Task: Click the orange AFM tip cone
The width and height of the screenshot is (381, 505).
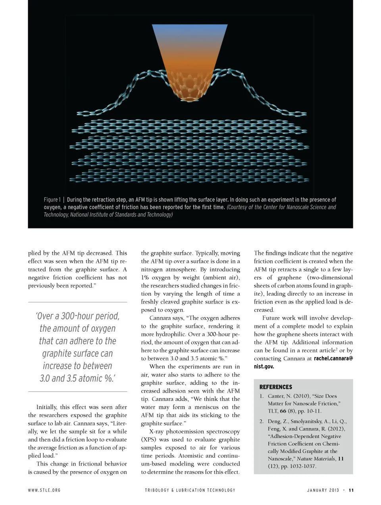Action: pyautogui.click(x=190, y=60)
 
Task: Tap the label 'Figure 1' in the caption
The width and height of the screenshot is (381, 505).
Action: pyautogui.click(x=52, y=199)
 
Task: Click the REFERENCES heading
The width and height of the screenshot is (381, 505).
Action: pyautogui.click(x=275, y=387)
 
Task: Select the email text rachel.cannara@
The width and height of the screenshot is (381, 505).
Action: pyautogui.click(x=333, y=358)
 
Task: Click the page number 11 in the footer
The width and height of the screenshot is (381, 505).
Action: pyautogui.click(x=351, y=490)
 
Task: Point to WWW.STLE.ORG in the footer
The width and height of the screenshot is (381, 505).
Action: pyautogui.click(x=44, y=490)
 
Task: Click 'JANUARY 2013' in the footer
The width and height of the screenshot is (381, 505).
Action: pyautogui.click(x=323, y=490)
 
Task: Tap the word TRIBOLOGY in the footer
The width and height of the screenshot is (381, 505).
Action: pyautogui.click(x=156, y=490)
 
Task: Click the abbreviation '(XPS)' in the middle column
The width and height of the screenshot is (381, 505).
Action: pyautogui.click(x=149, y=439)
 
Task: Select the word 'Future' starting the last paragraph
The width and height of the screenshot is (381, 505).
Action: pyautogui.click(x=271, y=318)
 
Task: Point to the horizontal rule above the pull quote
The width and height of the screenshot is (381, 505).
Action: pyautogui.click(x=77, y=302)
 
